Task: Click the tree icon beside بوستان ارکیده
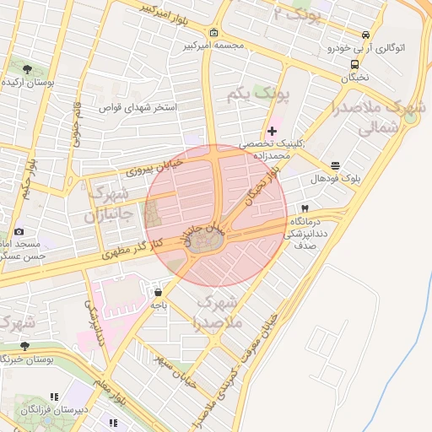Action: pos(28,69)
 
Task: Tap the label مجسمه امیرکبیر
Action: pos(214,46)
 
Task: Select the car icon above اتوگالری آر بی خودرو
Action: pos(365,35)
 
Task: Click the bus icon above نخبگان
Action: pos(355,63)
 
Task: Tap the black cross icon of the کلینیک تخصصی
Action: pos(271,131)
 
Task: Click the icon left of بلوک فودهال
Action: pos(336,165)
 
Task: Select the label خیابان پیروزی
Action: pos(154,169)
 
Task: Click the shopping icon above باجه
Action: pos(158,293)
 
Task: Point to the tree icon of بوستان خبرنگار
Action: pos(24,346)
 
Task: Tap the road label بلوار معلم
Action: pos(111,396)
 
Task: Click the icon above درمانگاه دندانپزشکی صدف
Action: pos(305,208)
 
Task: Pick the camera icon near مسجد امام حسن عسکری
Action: pos(19,230)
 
